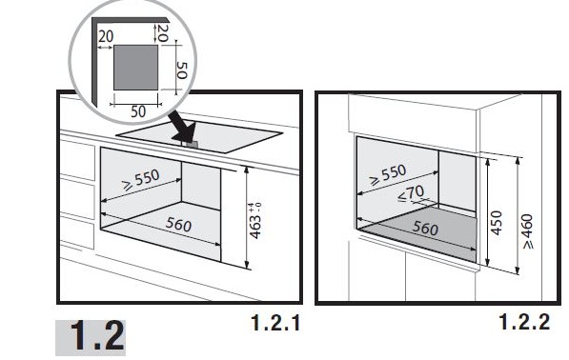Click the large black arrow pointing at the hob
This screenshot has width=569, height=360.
pos(183,128)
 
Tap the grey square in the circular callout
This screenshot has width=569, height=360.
pos(135,68)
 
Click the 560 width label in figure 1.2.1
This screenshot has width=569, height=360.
pos(178,224)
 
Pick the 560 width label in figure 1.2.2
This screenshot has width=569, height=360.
pos(425,228)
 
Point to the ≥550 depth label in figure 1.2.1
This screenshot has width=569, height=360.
pos(141,180)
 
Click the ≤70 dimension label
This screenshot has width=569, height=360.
pos(411,193)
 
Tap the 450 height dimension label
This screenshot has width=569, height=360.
pos(496,223)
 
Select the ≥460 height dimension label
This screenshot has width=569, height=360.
pos(528,231)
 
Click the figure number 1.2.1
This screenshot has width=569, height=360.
pos(275,322)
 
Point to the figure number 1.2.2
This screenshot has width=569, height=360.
pos(525,322)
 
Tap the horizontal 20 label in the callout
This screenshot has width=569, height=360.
pos(106,36)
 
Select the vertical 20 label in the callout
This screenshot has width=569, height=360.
pos(163,33)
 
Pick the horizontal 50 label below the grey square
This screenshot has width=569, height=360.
pos(138,111)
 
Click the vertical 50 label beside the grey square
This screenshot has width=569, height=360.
pos(181,70)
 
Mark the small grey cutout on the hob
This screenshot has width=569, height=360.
pos(191,144)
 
